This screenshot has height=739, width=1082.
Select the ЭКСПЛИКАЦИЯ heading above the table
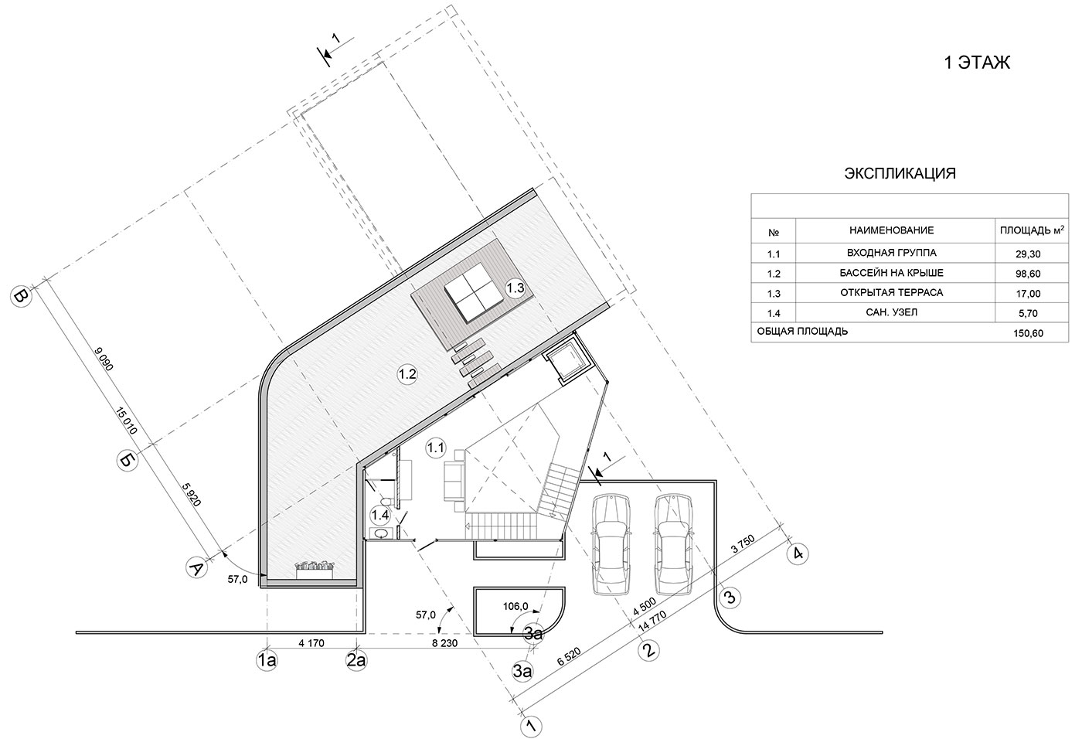[900, 173]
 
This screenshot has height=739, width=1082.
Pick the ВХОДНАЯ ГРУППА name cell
[891, 253]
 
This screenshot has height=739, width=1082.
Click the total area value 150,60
[1029, 333]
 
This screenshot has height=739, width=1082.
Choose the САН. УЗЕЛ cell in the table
[891, 312]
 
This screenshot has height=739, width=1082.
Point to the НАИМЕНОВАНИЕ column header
[891, 230]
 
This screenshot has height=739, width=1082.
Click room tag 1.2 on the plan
[407, 374]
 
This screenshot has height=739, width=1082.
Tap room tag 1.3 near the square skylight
[515, 288]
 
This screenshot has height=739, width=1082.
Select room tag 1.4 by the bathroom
[379, 516]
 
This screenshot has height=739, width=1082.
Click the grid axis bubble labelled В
[21, 296]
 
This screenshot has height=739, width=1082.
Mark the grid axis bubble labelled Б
[128, 460]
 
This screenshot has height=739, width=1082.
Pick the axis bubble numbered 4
[798, 553]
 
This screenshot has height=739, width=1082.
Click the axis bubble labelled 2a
[356, 660]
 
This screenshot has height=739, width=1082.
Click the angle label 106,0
[515, 606]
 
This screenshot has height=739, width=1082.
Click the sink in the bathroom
[380, 533]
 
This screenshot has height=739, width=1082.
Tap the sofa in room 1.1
[454, 481]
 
